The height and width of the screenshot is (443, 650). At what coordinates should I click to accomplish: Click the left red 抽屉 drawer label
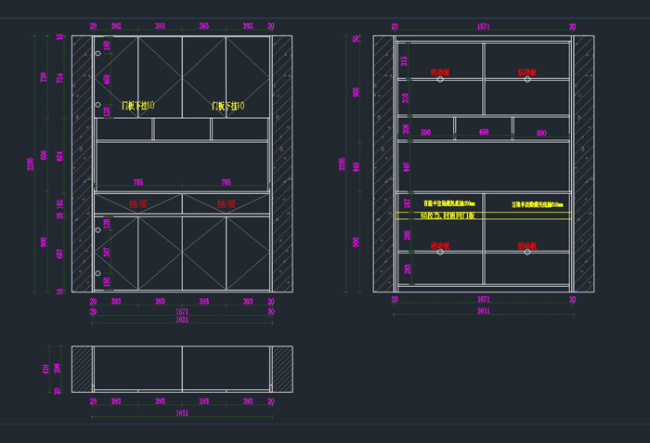pos(137,203)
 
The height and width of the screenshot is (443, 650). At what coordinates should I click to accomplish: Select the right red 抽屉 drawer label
pos(227,203)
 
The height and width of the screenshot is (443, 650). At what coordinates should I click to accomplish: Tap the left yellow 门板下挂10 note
pos(137,106)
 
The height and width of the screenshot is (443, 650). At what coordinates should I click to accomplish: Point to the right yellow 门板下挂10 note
pos(227,106)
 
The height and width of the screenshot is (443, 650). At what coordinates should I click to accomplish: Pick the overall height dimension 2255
pos(342,164)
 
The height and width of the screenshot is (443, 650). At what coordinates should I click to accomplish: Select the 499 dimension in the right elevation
pos(483,133)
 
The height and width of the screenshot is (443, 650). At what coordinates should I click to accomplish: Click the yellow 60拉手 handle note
pos(448,215)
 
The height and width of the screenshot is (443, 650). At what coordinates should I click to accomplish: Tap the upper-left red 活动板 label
pos(440,72)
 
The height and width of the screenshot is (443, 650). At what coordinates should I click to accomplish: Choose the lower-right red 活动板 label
pos(527,246)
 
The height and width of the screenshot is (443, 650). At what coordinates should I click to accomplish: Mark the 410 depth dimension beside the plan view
pos(45,369)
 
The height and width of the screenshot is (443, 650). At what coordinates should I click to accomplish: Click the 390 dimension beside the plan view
pos(56,369)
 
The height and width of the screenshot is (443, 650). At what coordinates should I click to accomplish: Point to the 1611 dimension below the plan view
pos(182,412)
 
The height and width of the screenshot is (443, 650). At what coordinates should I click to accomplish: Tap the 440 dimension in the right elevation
pos(406,167)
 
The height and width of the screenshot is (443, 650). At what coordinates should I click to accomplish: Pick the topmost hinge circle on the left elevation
pos(97,54)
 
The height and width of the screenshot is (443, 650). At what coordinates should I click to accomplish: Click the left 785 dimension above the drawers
pos(137,182)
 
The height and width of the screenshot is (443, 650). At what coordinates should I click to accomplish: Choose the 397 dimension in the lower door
pos(106,253)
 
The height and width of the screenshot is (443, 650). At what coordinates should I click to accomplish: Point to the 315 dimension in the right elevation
pos(405,60)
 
